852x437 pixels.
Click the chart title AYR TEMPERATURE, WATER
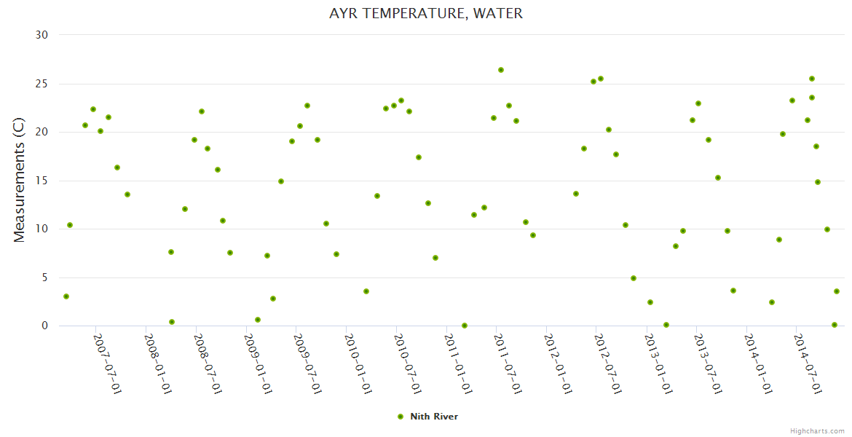point(426,13)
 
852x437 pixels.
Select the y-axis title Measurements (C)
point(20,180)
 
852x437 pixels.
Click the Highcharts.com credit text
point(818,431)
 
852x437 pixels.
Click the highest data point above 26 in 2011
point(501,70)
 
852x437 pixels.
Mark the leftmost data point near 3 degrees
point(66,296)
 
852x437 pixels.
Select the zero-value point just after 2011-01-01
point(465,326)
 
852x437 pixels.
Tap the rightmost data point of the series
point(837,291)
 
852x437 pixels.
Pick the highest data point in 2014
point(812,79)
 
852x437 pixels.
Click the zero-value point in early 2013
point(666,325)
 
